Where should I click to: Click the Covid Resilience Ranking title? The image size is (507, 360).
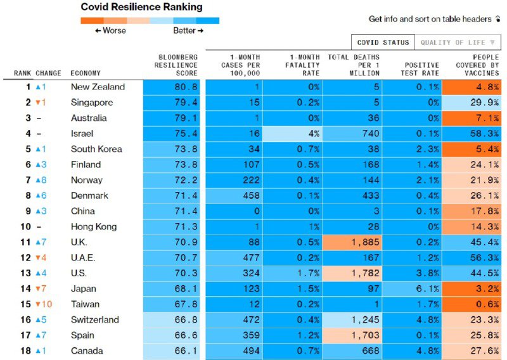coord(142,7)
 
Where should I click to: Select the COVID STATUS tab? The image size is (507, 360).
coord(383,42)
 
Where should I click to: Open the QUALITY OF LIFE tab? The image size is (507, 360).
coord(457,42)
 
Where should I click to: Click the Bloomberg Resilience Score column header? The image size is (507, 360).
coord(177,65)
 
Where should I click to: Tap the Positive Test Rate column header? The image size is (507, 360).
coord(421,69)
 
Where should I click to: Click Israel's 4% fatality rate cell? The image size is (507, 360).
coord(292,134)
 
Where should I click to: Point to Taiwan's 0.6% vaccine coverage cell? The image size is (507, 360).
coord(472,304)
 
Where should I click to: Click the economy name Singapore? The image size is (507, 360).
coord(92,103)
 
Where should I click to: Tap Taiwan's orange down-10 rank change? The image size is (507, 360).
coord(44,304)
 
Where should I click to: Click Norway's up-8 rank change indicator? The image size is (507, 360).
coord(41,180)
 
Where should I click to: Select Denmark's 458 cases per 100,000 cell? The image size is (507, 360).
coord(234,196)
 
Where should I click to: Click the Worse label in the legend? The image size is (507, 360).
coord(110,30)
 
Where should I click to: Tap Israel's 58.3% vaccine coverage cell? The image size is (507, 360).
coord(472,134)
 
